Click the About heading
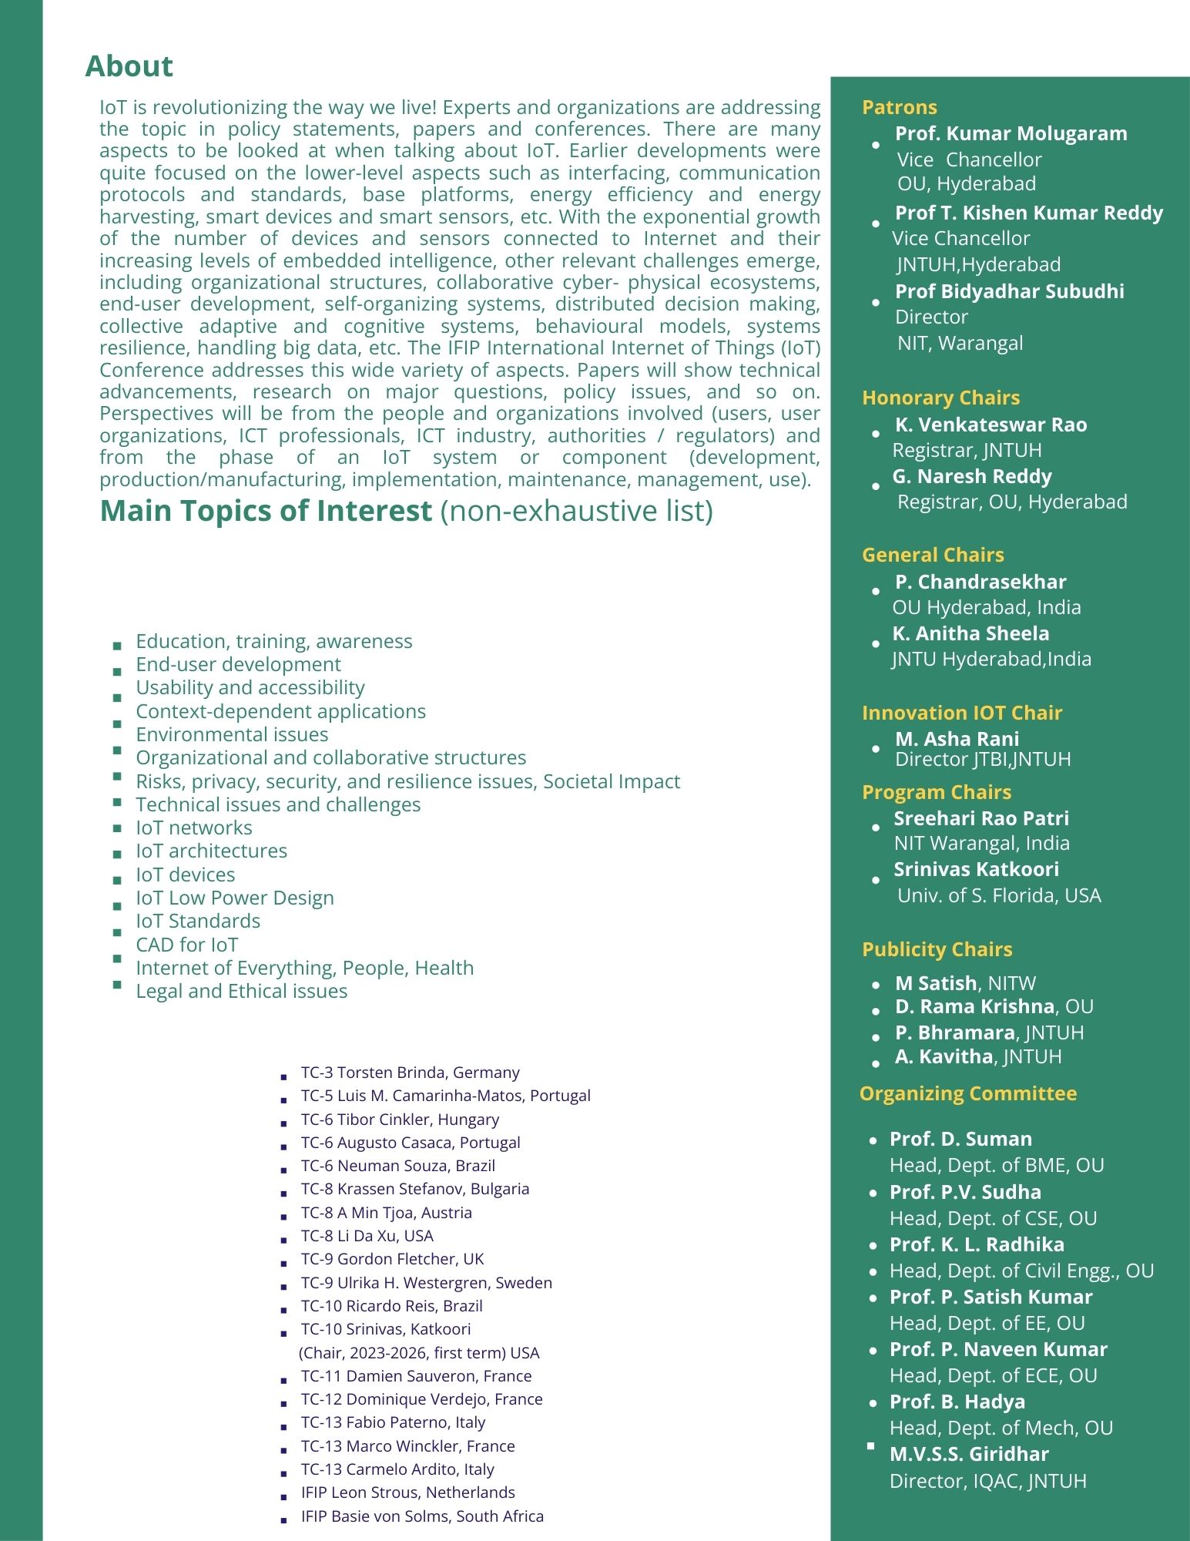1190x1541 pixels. coord(129,66)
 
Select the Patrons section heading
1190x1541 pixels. coord(899,107)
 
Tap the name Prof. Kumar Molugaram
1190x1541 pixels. coord(1011,133)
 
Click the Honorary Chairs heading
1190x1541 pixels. coord(940,398)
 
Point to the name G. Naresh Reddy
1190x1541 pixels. coord(971,476)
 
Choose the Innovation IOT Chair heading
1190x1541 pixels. coord(961,713)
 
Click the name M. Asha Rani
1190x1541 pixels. coord(957,739)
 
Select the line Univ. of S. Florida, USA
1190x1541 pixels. coord(998,895)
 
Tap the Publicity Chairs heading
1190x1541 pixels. coord(937,949)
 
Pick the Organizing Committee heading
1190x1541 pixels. coord(967,1093)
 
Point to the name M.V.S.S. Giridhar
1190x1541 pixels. coord(969,1454)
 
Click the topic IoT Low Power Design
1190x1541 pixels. coord(235,898)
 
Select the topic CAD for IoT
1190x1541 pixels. coord(187,945)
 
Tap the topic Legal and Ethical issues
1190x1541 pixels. coord(241,991)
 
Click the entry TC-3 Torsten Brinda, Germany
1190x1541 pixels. coord(410,1073)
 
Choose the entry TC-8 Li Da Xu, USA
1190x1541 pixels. coord(367,1236)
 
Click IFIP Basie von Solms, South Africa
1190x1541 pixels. coord(422,1516)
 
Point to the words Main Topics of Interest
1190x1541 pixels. coord(266,511)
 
